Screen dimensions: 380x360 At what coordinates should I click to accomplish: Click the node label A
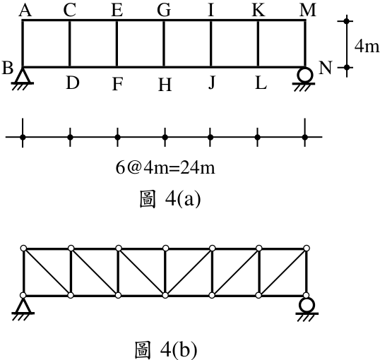point(25,11)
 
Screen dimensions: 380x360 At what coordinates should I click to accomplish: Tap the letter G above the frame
point(164,11)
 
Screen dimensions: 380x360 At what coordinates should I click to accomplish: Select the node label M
point(308,11)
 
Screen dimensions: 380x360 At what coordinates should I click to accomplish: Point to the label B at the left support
point(8,68)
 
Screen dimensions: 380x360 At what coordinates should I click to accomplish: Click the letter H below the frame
point(165,85)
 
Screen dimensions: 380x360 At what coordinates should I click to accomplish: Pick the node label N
point(325,68)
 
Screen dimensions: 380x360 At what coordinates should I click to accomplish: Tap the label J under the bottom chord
point(212,83)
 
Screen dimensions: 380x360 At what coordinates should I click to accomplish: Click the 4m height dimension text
point(367,46)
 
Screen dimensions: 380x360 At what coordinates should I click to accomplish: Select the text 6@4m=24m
point(165,167)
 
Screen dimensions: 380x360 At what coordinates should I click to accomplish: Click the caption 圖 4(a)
point(170,198)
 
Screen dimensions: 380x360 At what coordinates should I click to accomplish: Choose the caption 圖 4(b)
point(166,350)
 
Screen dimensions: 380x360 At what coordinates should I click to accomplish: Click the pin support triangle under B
point(23,76)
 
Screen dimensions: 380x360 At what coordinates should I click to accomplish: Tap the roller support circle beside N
point(305,75)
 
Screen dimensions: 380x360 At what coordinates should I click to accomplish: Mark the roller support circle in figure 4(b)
point(307,305)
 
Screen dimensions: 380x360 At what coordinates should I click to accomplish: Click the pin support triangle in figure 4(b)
point(23,306)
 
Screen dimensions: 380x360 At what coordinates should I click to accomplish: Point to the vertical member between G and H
point(164,44)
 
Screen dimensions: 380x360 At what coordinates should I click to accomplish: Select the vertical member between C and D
point(70,44)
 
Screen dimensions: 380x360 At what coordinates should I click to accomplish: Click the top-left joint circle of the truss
point(23,248)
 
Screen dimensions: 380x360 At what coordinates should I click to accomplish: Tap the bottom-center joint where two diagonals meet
point(165,295)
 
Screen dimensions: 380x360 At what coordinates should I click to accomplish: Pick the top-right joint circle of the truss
point(307,248)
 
